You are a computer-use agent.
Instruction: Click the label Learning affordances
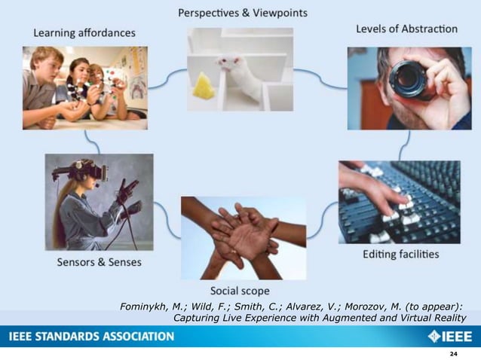pos(84,32)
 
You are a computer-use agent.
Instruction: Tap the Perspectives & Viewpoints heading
pos(242,14)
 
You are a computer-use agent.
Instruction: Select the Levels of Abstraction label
pos(406,29)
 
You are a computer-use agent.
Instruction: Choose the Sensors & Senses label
pos(99,262)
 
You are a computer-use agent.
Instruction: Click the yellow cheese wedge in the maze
pos(204,86)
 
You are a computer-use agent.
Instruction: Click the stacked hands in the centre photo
pos(243,233)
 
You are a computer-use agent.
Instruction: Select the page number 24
pos(453,353)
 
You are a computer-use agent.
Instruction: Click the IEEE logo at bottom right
pos(450,336)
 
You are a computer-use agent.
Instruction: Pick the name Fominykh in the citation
pos(146,306)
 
